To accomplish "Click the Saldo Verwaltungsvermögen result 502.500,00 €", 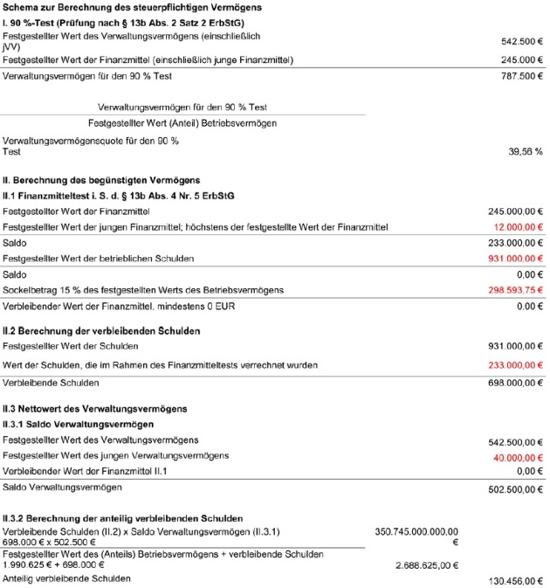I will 515,490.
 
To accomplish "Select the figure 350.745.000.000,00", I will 416,531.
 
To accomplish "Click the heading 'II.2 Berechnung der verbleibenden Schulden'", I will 102,331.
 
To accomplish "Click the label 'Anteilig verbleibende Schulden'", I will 67,578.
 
